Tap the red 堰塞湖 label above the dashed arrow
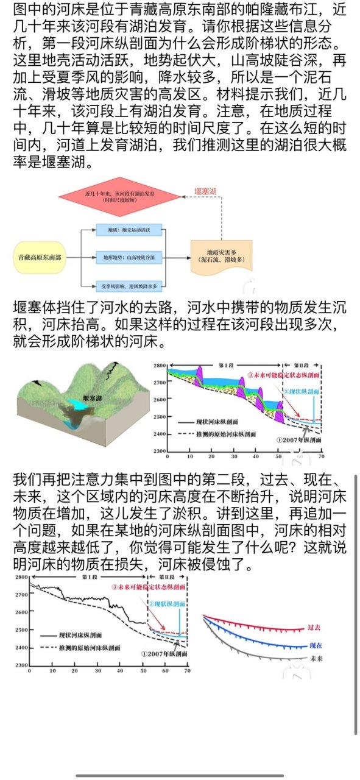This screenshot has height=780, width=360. pos(205,191)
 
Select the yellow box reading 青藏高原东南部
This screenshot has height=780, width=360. pos(40,258)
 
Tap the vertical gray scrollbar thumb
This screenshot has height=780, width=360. pos(355,603)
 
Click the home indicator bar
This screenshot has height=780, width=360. pos(180,775)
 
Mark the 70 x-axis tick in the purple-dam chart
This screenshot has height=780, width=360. pos(321,456)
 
